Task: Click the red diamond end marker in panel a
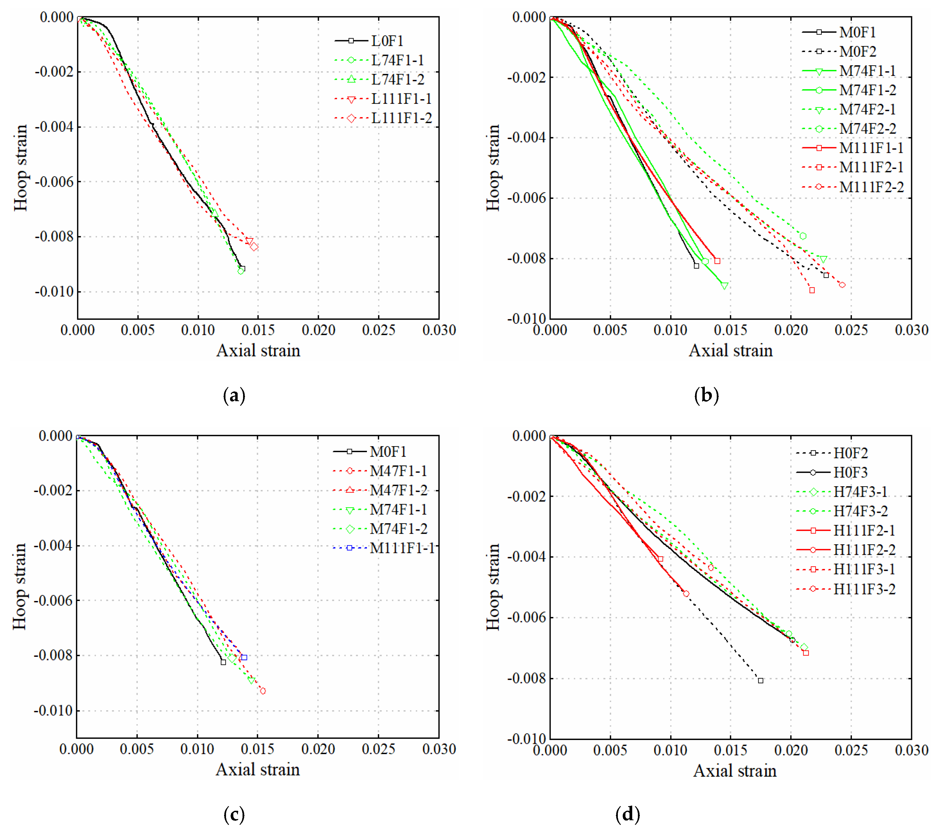point(254,247)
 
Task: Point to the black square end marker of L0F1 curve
point(242,268)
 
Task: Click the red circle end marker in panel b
point(842,285)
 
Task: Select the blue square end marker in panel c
point(244,657)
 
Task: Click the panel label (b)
point(706,395)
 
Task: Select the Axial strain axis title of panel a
point(258,351)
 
